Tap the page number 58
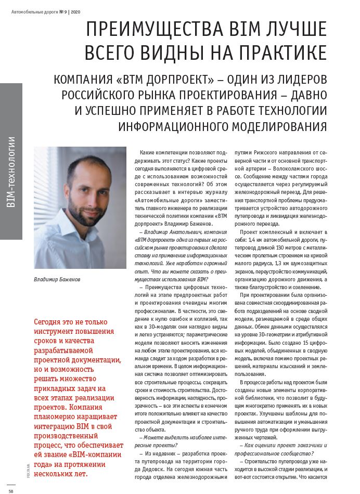pos(11,489)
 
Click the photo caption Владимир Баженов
pos(57,279)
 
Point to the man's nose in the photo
pos(83,193)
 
